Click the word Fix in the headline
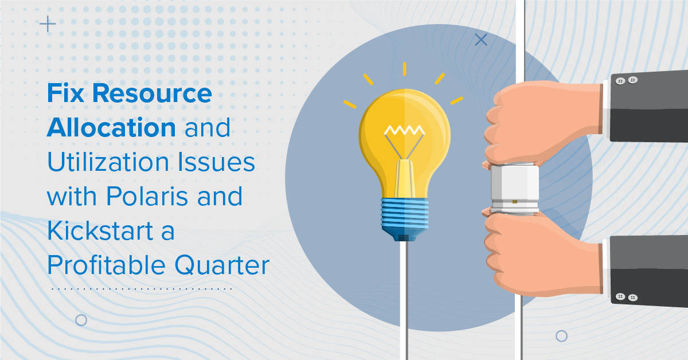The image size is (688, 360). pyautogui.click(x=65, y=93)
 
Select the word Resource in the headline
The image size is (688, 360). pyautogui.click(x=152, y=93)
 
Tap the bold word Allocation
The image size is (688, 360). pyautogui.click(x=111, y=127)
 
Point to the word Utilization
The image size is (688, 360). pyautogui.click(x=108, y=162)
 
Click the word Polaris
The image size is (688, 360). pyautogui.click(x=147, y=196)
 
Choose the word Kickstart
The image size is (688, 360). pyautogui.click(x=100, y=230)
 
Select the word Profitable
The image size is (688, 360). pyautogui.click(x=106, y=265)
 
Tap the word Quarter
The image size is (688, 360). pyautogui.click(x=222, y=265)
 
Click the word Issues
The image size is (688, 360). pyautogui.click(x=216, y=162)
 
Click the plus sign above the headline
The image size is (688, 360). pyautogui.click(x=48, y=24)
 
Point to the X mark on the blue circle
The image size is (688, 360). pyautogui.click(x=481, y=40)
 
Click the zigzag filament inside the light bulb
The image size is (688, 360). pyautogui.click(x=405, y=130)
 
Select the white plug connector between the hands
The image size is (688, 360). pyautogui.click(x=515, y=189)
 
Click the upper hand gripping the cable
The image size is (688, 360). pyautogui.click(x=543, y=123)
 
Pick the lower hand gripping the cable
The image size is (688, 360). pyautogui.click(x=543, y=254)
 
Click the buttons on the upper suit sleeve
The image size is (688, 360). pyautogui.click(x=627, y=81)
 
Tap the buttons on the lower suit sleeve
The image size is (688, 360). pyautogui.click(x=627, y=297)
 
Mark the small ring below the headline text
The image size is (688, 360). pyautogui.click(x=81, y=320)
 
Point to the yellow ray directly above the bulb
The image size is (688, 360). pyautogui.click(x=405, y=69)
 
